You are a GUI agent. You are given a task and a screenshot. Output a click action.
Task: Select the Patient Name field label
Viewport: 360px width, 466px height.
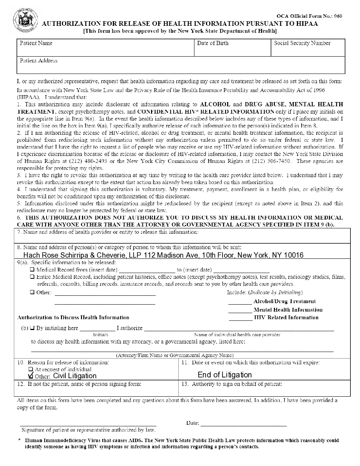click(x=36, y=43)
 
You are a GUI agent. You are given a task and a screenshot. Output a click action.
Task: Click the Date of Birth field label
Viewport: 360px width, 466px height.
click(x=213, y=43)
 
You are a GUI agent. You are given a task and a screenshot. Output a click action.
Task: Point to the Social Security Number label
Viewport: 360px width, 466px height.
click(x=302, y=43)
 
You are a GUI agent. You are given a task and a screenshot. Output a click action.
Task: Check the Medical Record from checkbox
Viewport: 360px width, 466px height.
click(x=32, y=270)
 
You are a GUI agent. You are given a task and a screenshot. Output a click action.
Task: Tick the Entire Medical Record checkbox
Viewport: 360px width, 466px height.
click(x=32, y=277)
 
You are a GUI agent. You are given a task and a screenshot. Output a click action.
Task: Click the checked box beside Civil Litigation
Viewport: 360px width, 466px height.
click(x=31, y=376)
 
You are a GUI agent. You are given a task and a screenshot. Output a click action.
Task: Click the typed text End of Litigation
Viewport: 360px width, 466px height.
click(x=224, y=375)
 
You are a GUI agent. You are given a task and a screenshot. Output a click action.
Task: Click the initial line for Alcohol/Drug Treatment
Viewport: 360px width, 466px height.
click(x=240, y=302)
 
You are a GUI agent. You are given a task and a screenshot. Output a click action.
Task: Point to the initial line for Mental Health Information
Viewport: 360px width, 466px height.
click(x=240, y=310)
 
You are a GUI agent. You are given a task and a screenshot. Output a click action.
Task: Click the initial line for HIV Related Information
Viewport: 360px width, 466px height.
click(x=241, y=318)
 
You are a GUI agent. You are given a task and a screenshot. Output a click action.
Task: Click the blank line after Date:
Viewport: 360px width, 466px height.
click(x=243, y=424)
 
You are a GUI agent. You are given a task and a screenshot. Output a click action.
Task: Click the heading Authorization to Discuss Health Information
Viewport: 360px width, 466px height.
click(x=73, y=318)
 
